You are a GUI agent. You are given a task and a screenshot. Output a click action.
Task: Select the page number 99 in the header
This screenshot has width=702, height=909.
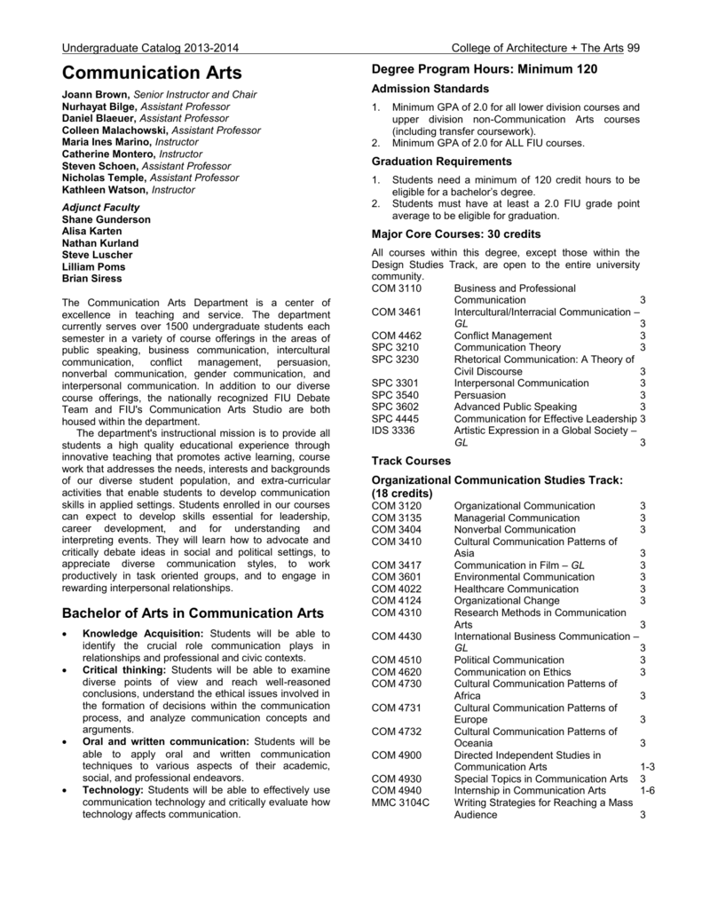click(x=632, y=47)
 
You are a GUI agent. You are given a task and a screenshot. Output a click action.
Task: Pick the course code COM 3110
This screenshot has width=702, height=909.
click(x=397, y=289)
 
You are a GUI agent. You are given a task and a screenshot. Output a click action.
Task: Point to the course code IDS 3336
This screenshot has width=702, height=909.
click(x=394, y=431)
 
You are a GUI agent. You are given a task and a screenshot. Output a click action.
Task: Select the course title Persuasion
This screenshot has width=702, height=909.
click(x=480, y=395)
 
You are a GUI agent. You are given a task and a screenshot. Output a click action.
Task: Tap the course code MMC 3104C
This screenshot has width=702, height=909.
click(x=401, y=802)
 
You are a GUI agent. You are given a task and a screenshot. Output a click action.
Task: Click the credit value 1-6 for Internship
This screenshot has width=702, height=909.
click(x=646, y=790)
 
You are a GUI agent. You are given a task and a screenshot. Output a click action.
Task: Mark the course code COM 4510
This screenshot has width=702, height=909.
click(x=397, y=660)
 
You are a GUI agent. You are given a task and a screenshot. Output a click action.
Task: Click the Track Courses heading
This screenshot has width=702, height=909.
click(x=412, y=462)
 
